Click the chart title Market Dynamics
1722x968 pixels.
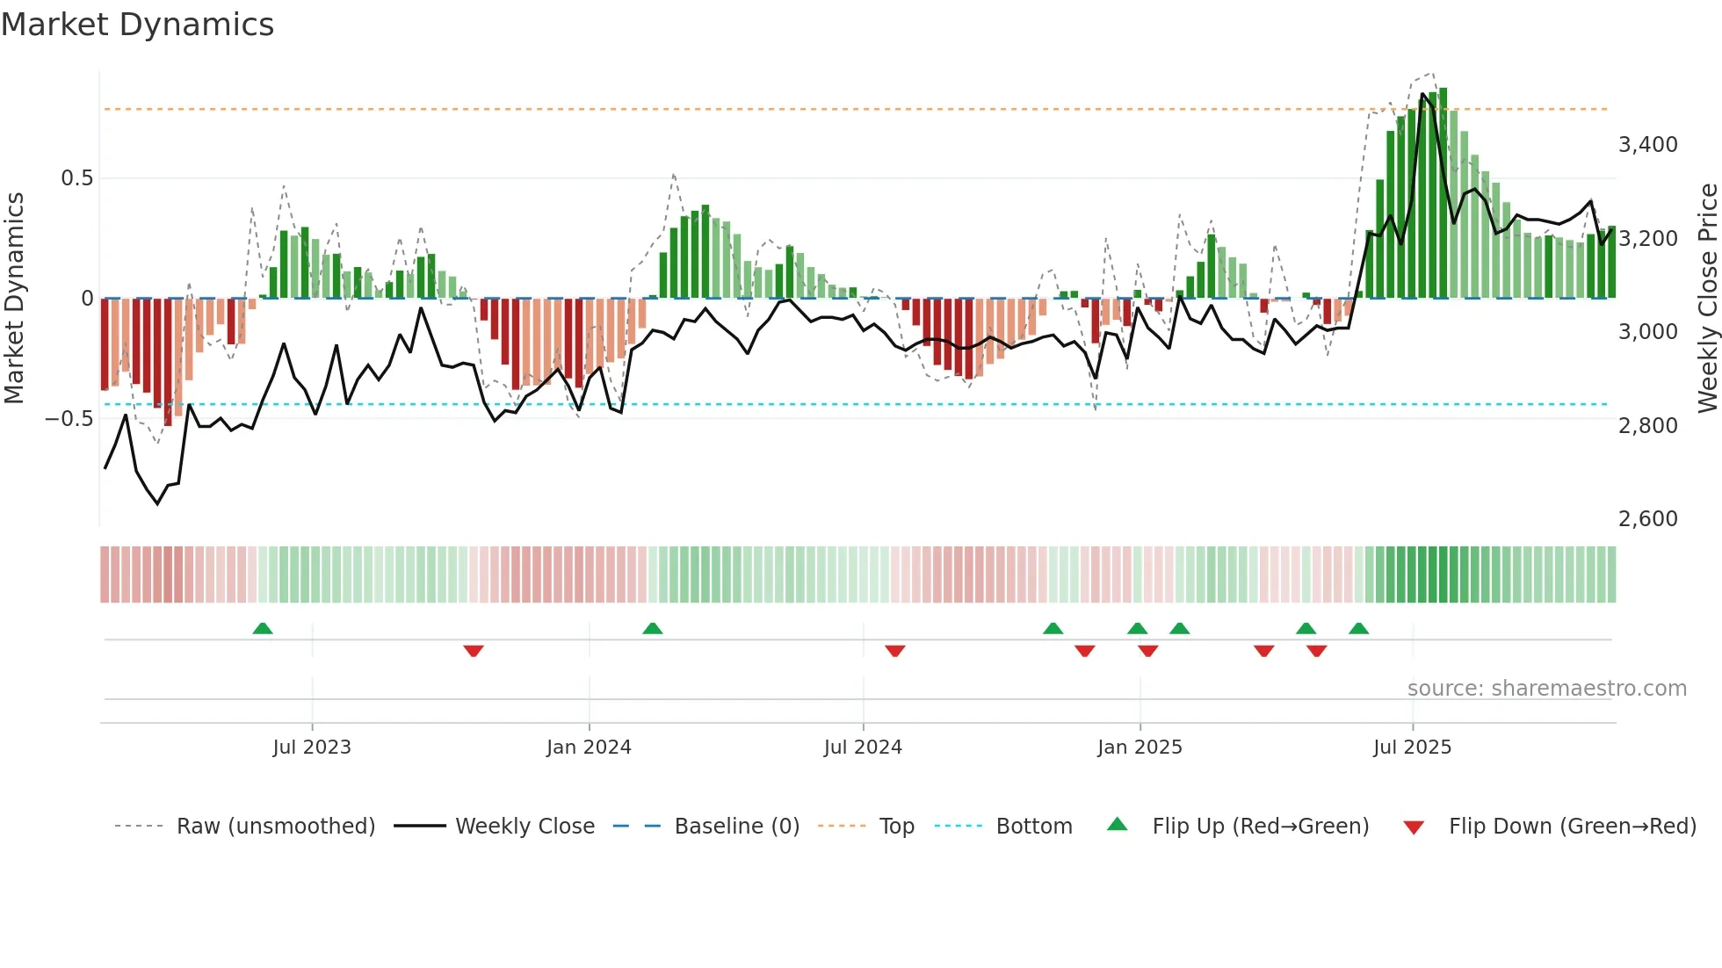coord(138,25)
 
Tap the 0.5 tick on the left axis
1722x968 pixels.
coord(76,178)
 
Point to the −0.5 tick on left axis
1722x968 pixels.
coord(69,419)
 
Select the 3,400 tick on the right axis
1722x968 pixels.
coord(1647,145)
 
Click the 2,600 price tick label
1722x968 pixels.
coord(1647,519)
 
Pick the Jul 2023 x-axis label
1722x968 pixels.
coord(312,748)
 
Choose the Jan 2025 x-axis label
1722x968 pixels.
coord(1140,748)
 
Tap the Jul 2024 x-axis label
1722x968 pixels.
coord(863,748)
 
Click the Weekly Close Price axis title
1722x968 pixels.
coord(1707,298)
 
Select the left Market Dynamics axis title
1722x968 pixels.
coord(14,298)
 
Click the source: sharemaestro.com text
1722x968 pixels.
coord(1546,689)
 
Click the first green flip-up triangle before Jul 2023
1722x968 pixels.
coord(263,629)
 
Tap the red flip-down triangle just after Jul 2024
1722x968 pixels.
coord(895,650)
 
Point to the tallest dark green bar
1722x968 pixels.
coord(1443,193)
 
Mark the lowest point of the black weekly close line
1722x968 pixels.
coord(158,503)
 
